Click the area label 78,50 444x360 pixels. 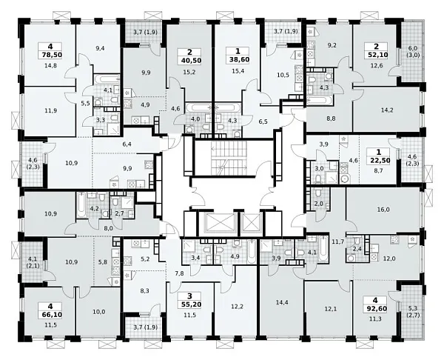pyautogui.click(x=50, y=55)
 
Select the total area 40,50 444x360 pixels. pyautogui.click(x=189, y=61)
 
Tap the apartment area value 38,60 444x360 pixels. pyautogui.click(x=238, y=61)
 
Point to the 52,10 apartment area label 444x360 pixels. pyautogui.click(x=376, y=55)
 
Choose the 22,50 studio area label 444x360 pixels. pyautogui.click(x=379, y=161)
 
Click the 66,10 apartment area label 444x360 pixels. pyautogui.click(x=50, y=314)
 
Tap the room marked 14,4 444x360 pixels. pyautogui.click(x=282, y=302)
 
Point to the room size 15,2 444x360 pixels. pyautogui.click(x=189, y=72)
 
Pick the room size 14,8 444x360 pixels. pyautogui.click(x=50, y=66)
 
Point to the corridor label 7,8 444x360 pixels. pyautogui.click(x=179, y=273)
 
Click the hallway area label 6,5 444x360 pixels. pyautogui.click(x=263, y=121)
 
